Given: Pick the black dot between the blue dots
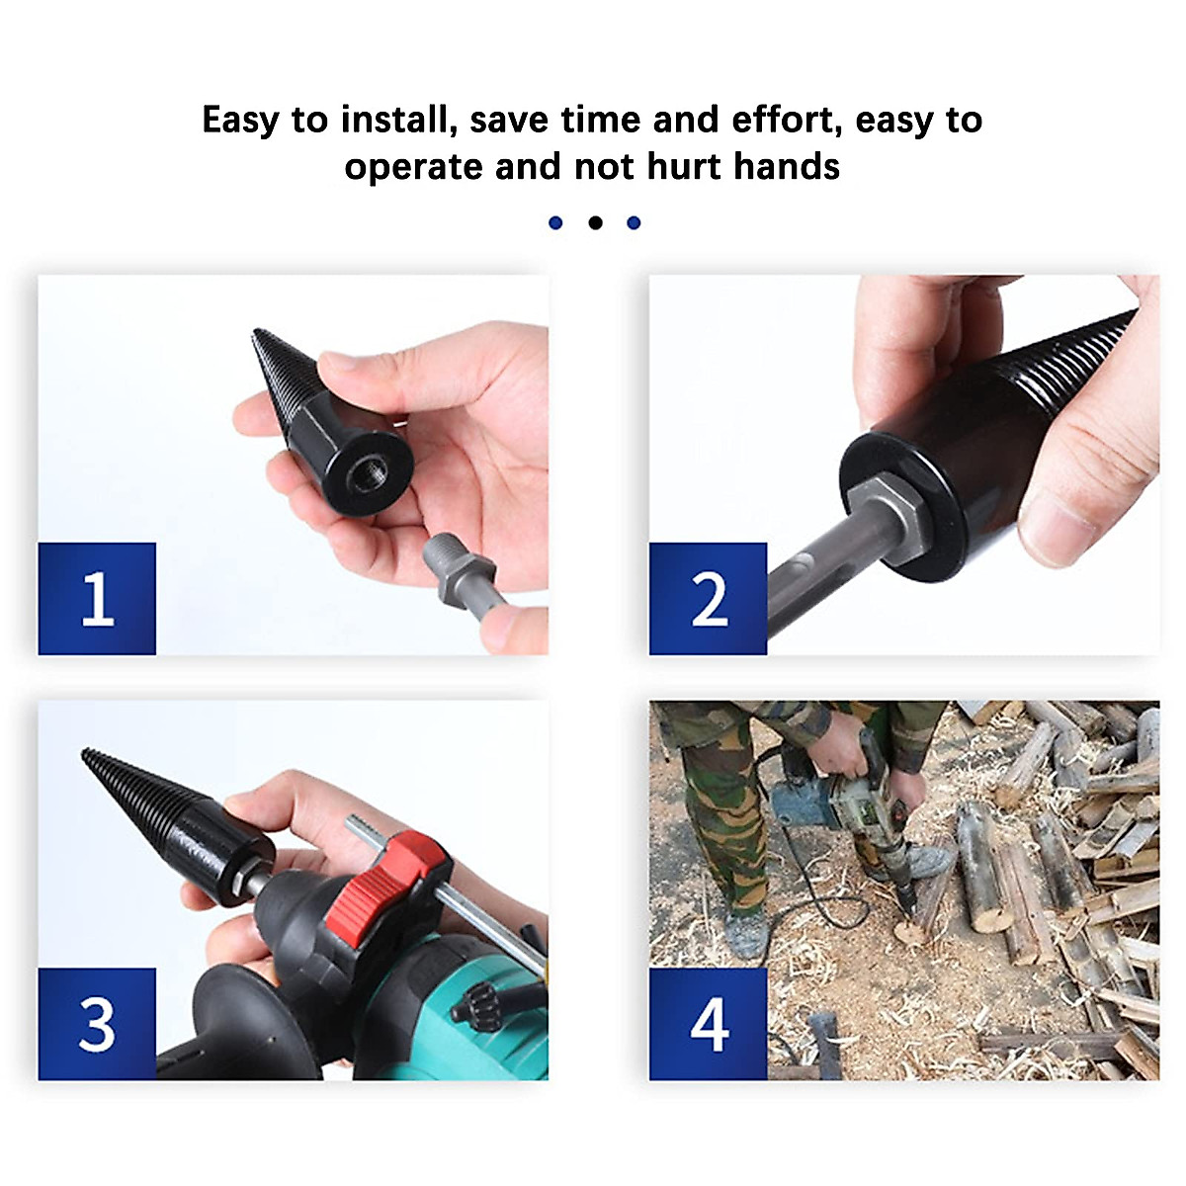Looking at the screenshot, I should pyautogui.click(x=595, y=223).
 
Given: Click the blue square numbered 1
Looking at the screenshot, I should pyautogui.click(x=97, y=598).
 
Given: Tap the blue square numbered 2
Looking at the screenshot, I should pyautogui.click(x=708, y=598).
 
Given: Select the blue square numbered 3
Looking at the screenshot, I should pyautogui.click(x=97, y=1023).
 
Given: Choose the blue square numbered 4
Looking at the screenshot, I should pyautogui.click(x=708, y=1023).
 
